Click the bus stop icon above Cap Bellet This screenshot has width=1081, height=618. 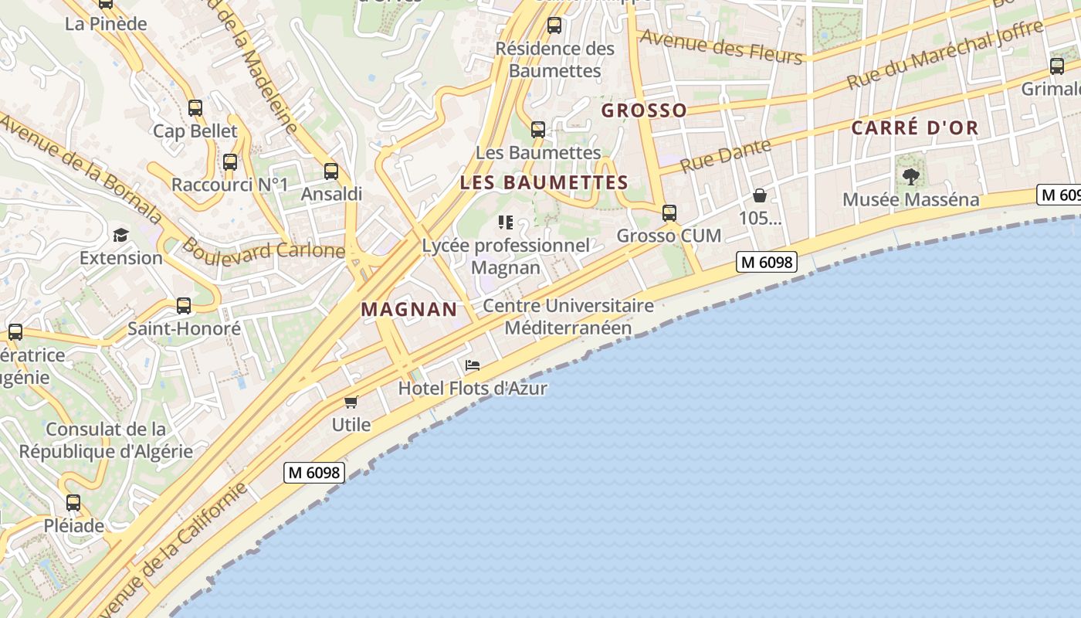click(195, 108)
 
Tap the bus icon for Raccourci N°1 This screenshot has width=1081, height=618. click(230, 162)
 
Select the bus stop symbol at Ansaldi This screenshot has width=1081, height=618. click(331, 171)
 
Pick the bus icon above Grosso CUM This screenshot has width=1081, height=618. click(669, 212)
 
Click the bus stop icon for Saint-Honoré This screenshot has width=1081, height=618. click(184, 306)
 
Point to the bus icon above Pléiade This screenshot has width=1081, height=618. click(73, 503)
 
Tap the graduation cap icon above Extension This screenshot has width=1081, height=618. click(120, 235)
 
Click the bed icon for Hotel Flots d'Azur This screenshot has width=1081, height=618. click(473, 365)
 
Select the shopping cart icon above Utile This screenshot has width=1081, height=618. click(351, 402)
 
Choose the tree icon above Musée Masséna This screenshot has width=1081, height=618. click(911, 176)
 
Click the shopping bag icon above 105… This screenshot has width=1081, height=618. click(760, 195)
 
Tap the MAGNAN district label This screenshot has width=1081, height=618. click(409, 310)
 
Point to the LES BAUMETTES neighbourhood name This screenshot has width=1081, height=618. click(544, 183)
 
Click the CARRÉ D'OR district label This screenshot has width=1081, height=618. click(915, 128)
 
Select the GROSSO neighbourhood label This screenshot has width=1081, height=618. click(644, 110)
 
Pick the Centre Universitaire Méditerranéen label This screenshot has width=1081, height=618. click(568, 317)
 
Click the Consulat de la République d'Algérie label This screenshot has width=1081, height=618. click(106, 440)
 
